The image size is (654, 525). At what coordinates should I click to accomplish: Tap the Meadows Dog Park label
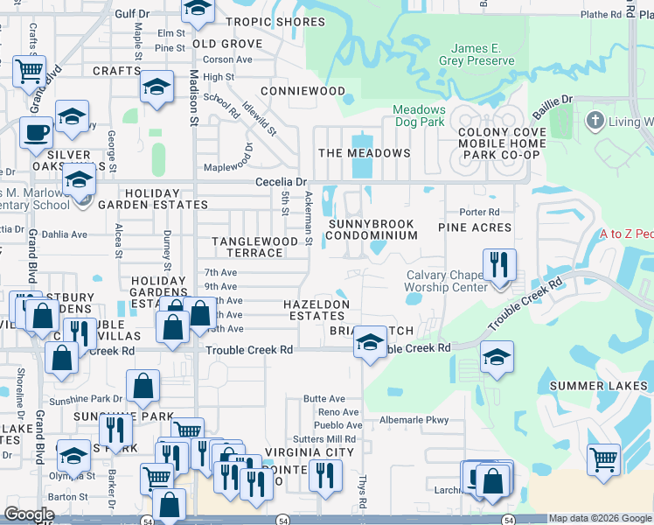(419, 116)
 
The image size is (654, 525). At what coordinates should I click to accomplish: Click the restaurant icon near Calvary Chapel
(499, 264)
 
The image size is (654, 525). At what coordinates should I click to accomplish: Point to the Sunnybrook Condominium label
(372, 229)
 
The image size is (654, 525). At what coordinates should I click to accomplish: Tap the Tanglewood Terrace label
(249, 247)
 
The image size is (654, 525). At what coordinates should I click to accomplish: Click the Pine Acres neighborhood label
(474, 227)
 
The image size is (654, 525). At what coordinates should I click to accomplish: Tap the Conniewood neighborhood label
(303, 91)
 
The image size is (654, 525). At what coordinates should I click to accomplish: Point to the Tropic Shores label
(275, 21)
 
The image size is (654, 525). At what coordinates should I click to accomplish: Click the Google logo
(30, 514)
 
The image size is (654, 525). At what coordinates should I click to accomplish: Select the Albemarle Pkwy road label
(414, 420)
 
